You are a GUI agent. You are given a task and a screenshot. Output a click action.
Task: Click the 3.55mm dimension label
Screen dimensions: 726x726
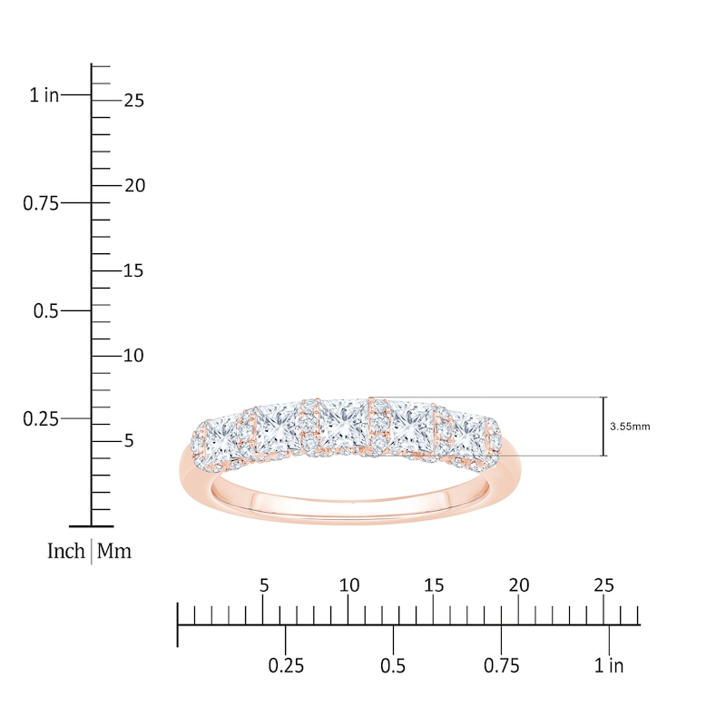click(630, 427)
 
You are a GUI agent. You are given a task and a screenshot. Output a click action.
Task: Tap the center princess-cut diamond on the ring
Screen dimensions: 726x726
click(344, 424)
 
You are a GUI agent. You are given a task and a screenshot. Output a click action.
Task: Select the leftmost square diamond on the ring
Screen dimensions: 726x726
click(223, 439)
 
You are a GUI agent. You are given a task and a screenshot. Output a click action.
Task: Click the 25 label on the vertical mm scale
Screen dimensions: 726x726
click(134, 101)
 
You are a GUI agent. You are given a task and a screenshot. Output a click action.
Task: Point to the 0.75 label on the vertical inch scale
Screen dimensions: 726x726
click(41, 203)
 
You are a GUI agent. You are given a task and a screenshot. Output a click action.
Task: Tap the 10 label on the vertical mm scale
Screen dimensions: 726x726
click(133, 356)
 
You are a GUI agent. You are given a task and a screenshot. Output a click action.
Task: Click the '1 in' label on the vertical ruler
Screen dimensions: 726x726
click(44, 95)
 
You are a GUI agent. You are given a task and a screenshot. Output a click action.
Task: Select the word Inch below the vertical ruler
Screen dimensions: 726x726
click(66, 551)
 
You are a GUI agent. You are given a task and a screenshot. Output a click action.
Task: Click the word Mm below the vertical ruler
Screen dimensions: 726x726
click(114, 551)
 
